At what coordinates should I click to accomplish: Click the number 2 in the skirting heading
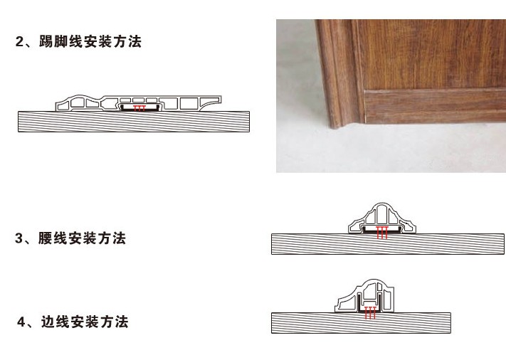click(x=20, y=42)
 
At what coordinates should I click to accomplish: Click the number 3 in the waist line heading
click(x=20, y=239)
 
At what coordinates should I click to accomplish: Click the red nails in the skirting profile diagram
click(x=140, y=108)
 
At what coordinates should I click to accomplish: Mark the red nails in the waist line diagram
click(x=382, y=232)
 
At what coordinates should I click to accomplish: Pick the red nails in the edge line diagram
click(x=369, y=312)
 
